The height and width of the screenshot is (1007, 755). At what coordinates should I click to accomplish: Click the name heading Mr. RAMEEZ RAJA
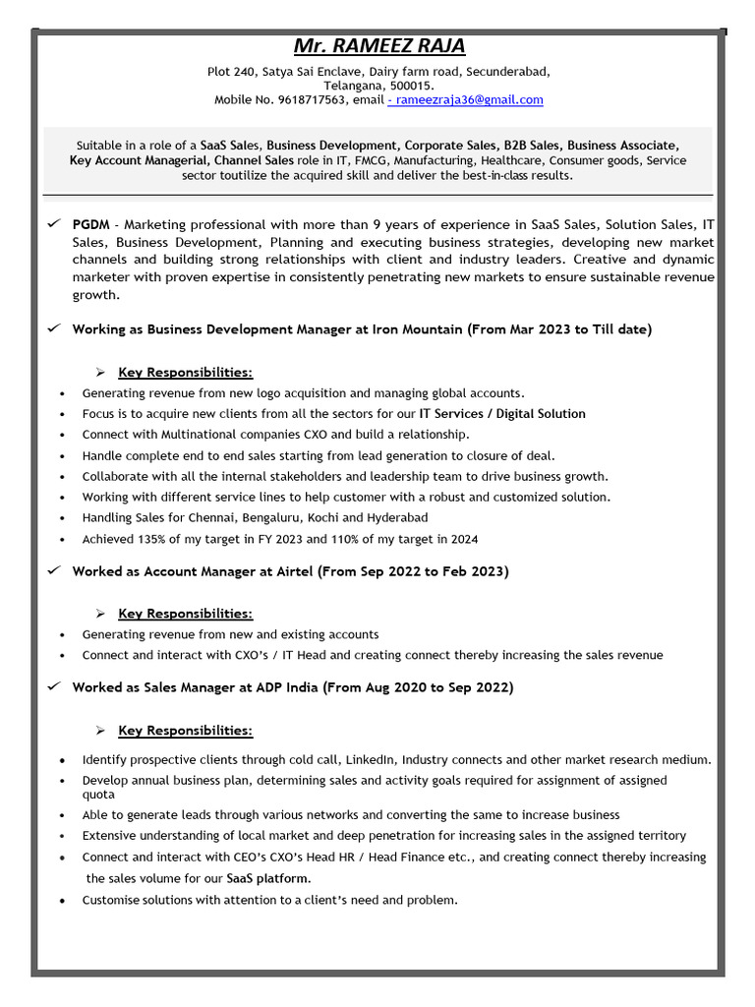pyautogui.click(x=379, y=46)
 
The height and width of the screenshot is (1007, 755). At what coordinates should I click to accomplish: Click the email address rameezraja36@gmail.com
pyautogui.click(x=468, y=99)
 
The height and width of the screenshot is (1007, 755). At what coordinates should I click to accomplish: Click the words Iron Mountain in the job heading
pyautogui.click(x=417, y=329)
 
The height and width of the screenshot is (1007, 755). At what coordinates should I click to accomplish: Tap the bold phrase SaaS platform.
pyautogui.click(x=268, y=878)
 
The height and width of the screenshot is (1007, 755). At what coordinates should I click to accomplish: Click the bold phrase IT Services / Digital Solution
pyautogui.click(x=502, y=413)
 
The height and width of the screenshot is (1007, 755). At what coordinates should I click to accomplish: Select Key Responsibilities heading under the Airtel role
pyautogui.click(x=185, y=614)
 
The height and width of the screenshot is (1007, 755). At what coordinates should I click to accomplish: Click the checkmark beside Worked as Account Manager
pyautogui.click(x=54, y=570)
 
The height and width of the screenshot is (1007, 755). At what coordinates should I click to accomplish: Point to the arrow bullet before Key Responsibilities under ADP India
pyautogui.click(x=100, y=731)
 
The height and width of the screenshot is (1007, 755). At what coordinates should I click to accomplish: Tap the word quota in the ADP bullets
pyautogui.click(x=98, y=794)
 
